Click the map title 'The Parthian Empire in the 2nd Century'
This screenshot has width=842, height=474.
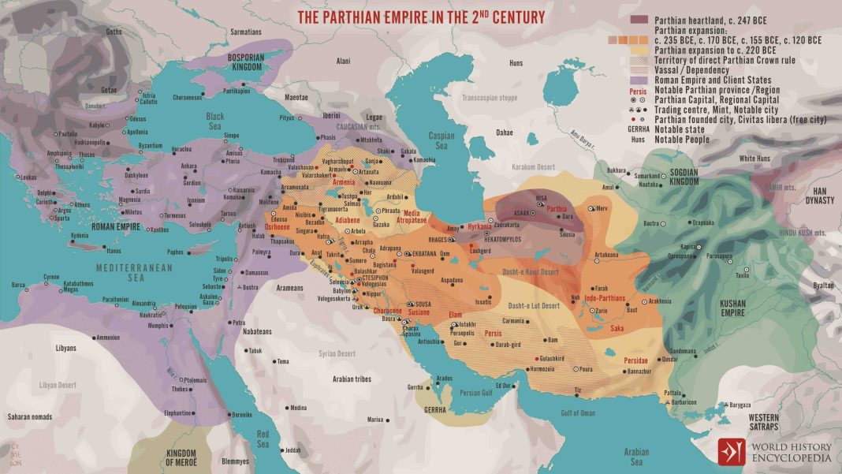(420, 16)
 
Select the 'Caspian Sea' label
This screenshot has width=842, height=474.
(441, 140)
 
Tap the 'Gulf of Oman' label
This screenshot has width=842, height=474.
(578, 412)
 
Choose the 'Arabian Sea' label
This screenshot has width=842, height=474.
(635, 457)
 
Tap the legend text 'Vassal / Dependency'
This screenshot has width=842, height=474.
(691, 70)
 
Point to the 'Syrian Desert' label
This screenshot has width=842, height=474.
(337, 353)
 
